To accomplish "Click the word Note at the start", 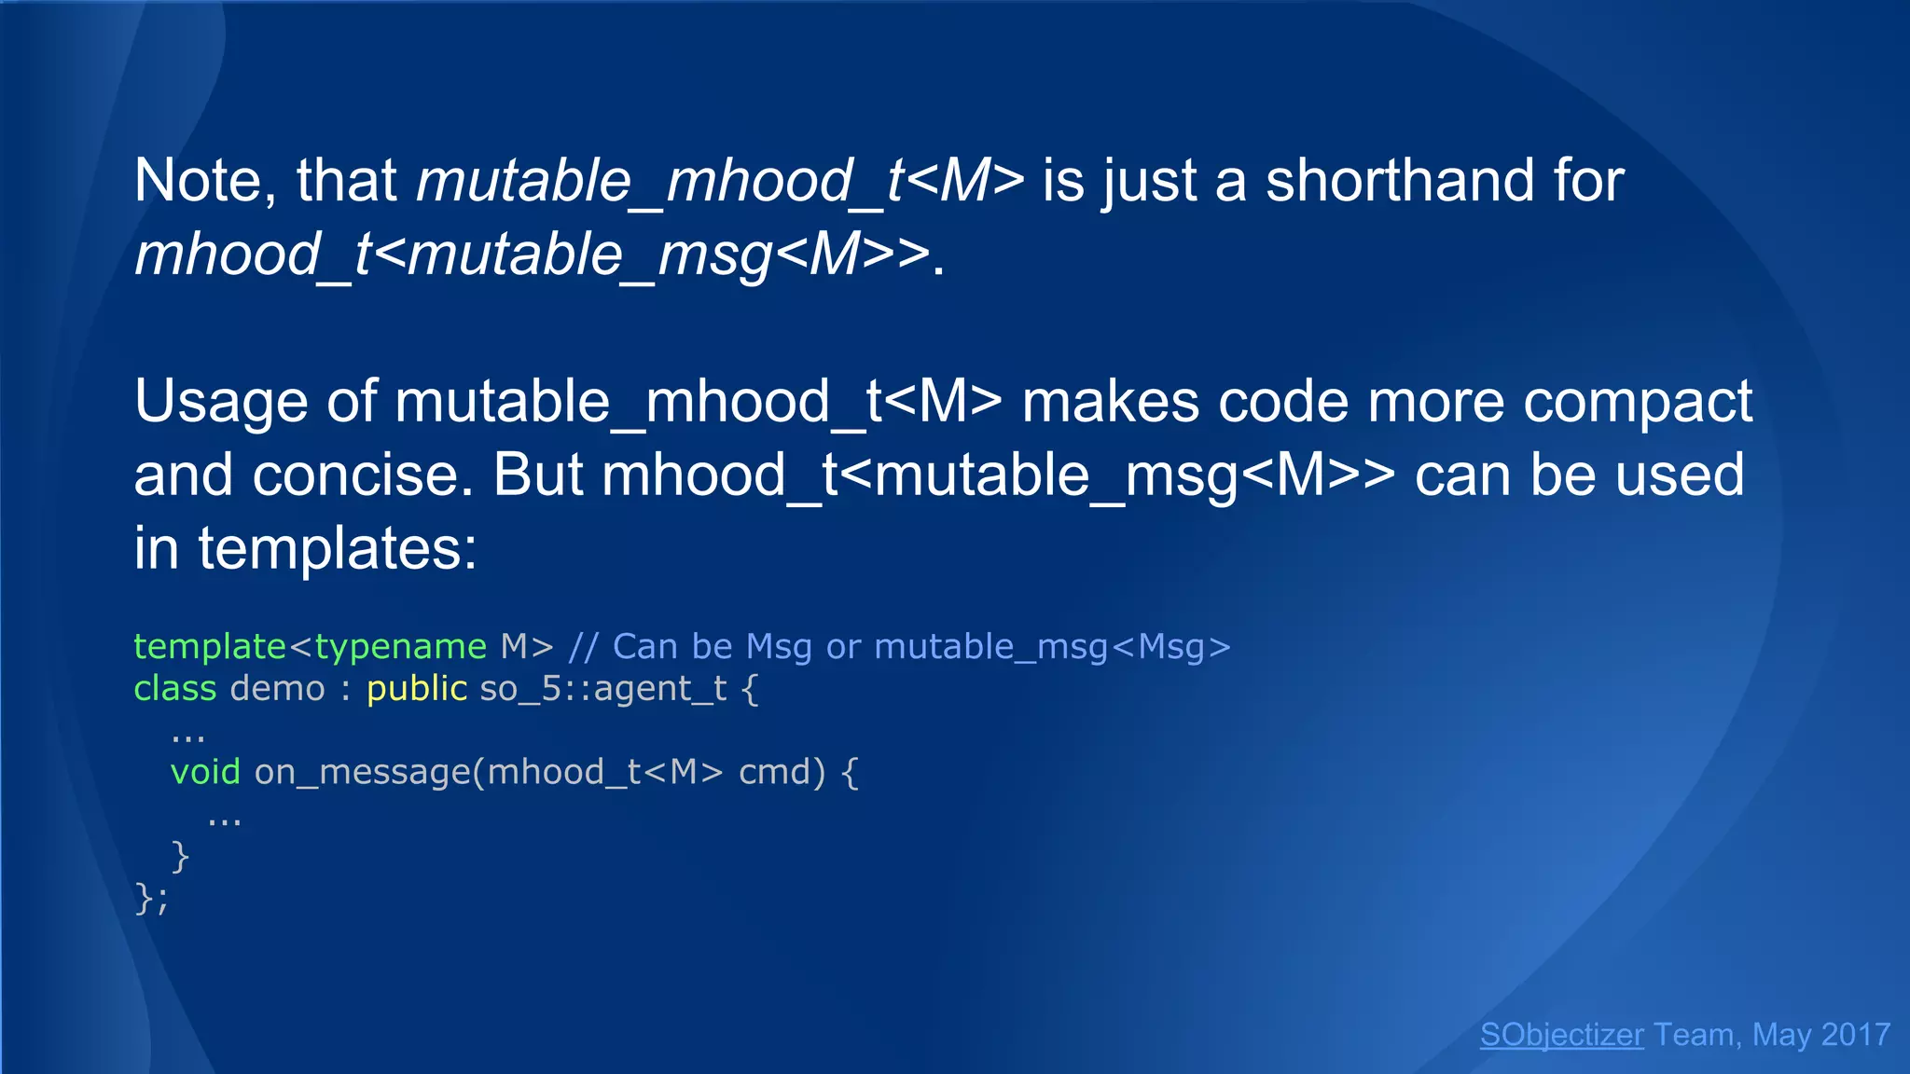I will coord(198,180).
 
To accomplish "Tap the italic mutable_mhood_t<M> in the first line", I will coord(720,180).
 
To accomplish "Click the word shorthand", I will coord(1399,180).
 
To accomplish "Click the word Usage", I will coord(221,402).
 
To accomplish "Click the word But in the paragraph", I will coord(537,475).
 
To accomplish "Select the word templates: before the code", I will coord(337,548).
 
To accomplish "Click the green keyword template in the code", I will coord(209,646).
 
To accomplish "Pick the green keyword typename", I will coord(400,646).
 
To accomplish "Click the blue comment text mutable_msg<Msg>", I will coord(1052,646).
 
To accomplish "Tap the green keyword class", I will coord(174,688).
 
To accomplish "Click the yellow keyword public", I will coord(416,688).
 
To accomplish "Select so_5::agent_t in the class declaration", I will coord(602,688).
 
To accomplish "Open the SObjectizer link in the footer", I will coord(1561,1034).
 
